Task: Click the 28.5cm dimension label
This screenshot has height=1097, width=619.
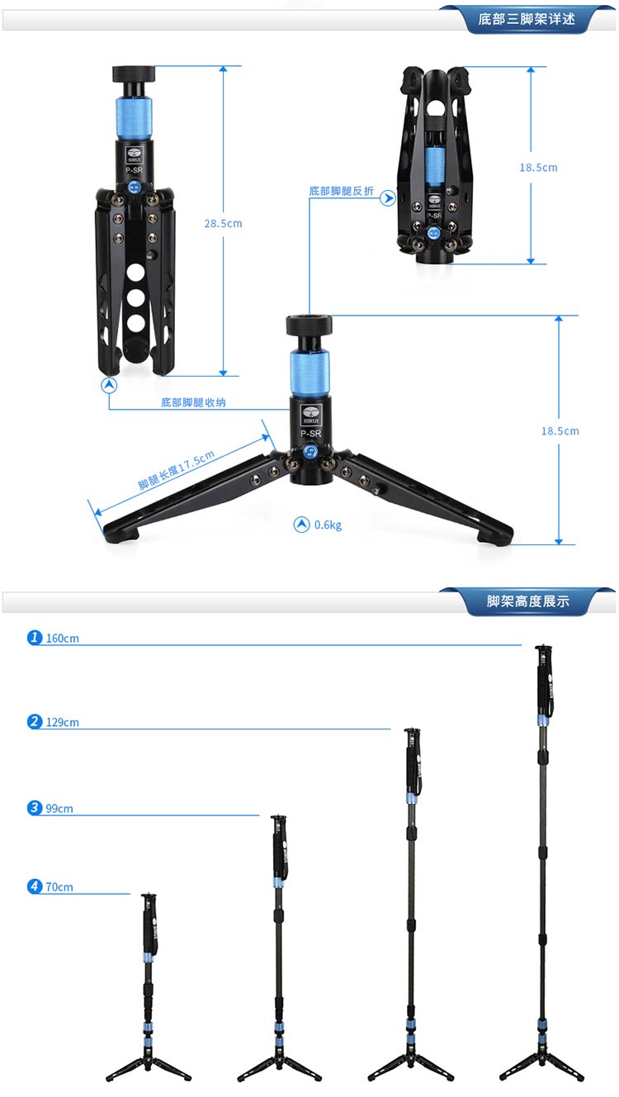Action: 223,223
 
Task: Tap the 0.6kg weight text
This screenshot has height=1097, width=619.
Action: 328,525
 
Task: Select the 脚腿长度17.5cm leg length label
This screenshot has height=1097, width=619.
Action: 176,470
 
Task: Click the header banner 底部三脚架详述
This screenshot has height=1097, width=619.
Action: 527,19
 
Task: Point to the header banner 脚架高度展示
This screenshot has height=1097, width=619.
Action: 528,601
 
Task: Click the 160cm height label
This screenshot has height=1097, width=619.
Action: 62,638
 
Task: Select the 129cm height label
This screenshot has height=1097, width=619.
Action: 62,722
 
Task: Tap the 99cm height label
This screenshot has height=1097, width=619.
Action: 59,808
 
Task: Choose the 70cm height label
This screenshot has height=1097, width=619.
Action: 59,887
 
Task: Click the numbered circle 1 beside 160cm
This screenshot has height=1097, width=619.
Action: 35,637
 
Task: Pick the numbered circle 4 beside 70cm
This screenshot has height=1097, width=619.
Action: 35,886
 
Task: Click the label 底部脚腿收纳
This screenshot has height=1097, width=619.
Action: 193,402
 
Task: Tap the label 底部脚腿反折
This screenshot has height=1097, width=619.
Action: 341,191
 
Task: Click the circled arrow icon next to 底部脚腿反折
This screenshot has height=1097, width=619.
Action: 388,198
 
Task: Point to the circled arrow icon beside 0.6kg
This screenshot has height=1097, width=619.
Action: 301,525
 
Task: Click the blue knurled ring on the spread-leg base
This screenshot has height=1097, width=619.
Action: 309,373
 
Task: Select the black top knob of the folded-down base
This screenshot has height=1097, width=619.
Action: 134,74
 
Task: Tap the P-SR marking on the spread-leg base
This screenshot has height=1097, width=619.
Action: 310,434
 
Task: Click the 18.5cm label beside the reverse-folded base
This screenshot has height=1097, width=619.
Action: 538,168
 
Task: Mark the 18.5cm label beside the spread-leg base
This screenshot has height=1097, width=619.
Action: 560,431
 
